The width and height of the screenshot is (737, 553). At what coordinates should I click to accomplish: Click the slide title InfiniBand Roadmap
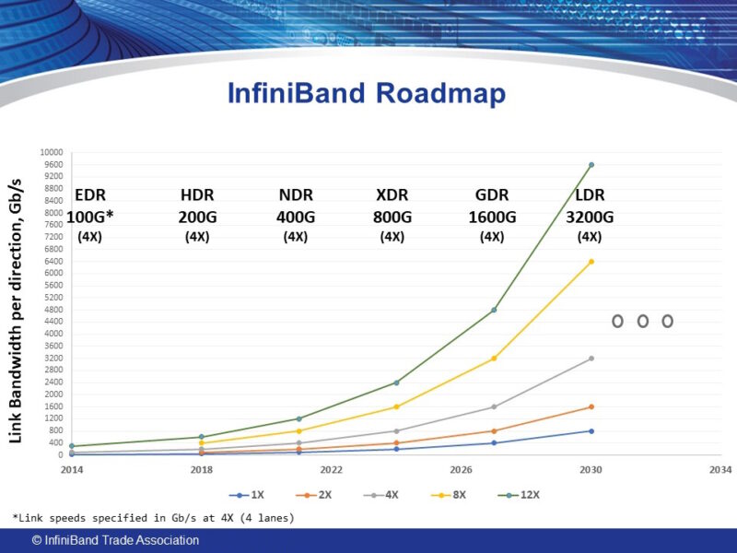[366, 94]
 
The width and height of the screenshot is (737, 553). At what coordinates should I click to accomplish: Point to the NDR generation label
[296, 195]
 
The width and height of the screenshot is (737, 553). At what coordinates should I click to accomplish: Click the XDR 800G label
[392, 216]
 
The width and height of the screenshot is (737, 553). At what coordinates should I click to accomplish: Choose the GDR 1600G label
[492, 216]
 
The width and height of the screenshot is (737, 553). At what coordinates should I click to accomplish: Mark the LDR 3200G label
[591, 216]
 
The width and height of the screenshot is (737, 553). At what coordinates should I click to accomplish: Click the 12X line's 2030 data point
[591, 165]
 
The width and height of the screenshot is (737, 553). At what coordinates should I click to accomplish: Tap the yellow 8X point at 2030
[591, 262]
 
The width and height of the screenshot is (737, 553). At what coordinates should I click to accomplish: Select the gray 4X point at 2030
[591, 359]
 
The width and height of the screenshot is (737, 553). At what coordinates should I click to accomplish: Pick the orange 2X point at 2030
[591, 406]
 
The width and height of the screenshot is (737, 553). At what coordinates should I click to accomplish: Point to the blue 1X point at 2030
[591, 430]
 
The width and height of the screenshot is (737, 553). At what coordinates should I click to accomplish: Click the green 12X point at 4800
[494, 310]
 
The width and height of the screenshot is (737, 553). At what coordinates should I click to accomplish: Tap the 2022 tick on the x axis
[331, 469]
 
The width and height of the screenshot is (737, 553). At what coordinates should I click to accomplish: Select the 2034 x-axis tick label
[720, 469]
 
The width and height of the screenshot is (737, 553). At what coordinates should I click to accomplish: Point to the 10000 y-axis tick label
[52, 152]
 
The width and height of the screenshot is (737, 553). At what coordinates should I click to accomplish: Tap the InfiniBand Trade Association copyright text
[115, 541]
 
